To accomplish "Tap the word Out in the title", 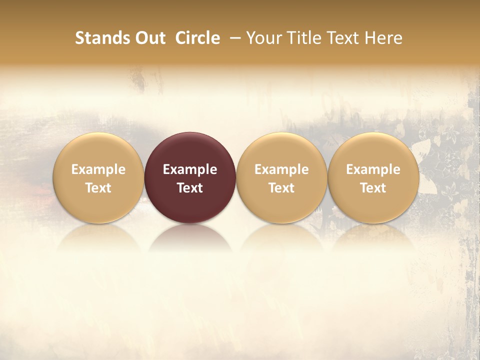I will pyautogui.click(x=149, y=38).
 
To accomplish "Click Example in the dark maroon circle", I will pyautogui.click(x=190, y=169).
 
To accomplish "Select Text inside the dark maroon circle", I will pyautogui.click(x=190, y=188).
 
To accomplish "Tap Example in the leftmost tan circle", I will pyautogui.click(x=98, y=169).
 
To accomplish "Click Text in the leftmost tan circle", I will pyautogui.click(x=98, y=188).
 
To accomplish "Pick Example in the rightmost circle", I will pyautogui.click(x=373, y=169).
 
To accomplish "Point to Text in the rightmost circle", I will pyautogui.click(x=373, y=188).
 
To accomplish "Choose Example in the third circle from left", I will pyautogui.click(x=281, y=169).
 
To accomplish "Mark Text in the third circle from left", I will pyautogui.click(x=281, y=188).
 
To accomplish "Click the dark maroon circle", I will pyautogui.click(x=190, y=150).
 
